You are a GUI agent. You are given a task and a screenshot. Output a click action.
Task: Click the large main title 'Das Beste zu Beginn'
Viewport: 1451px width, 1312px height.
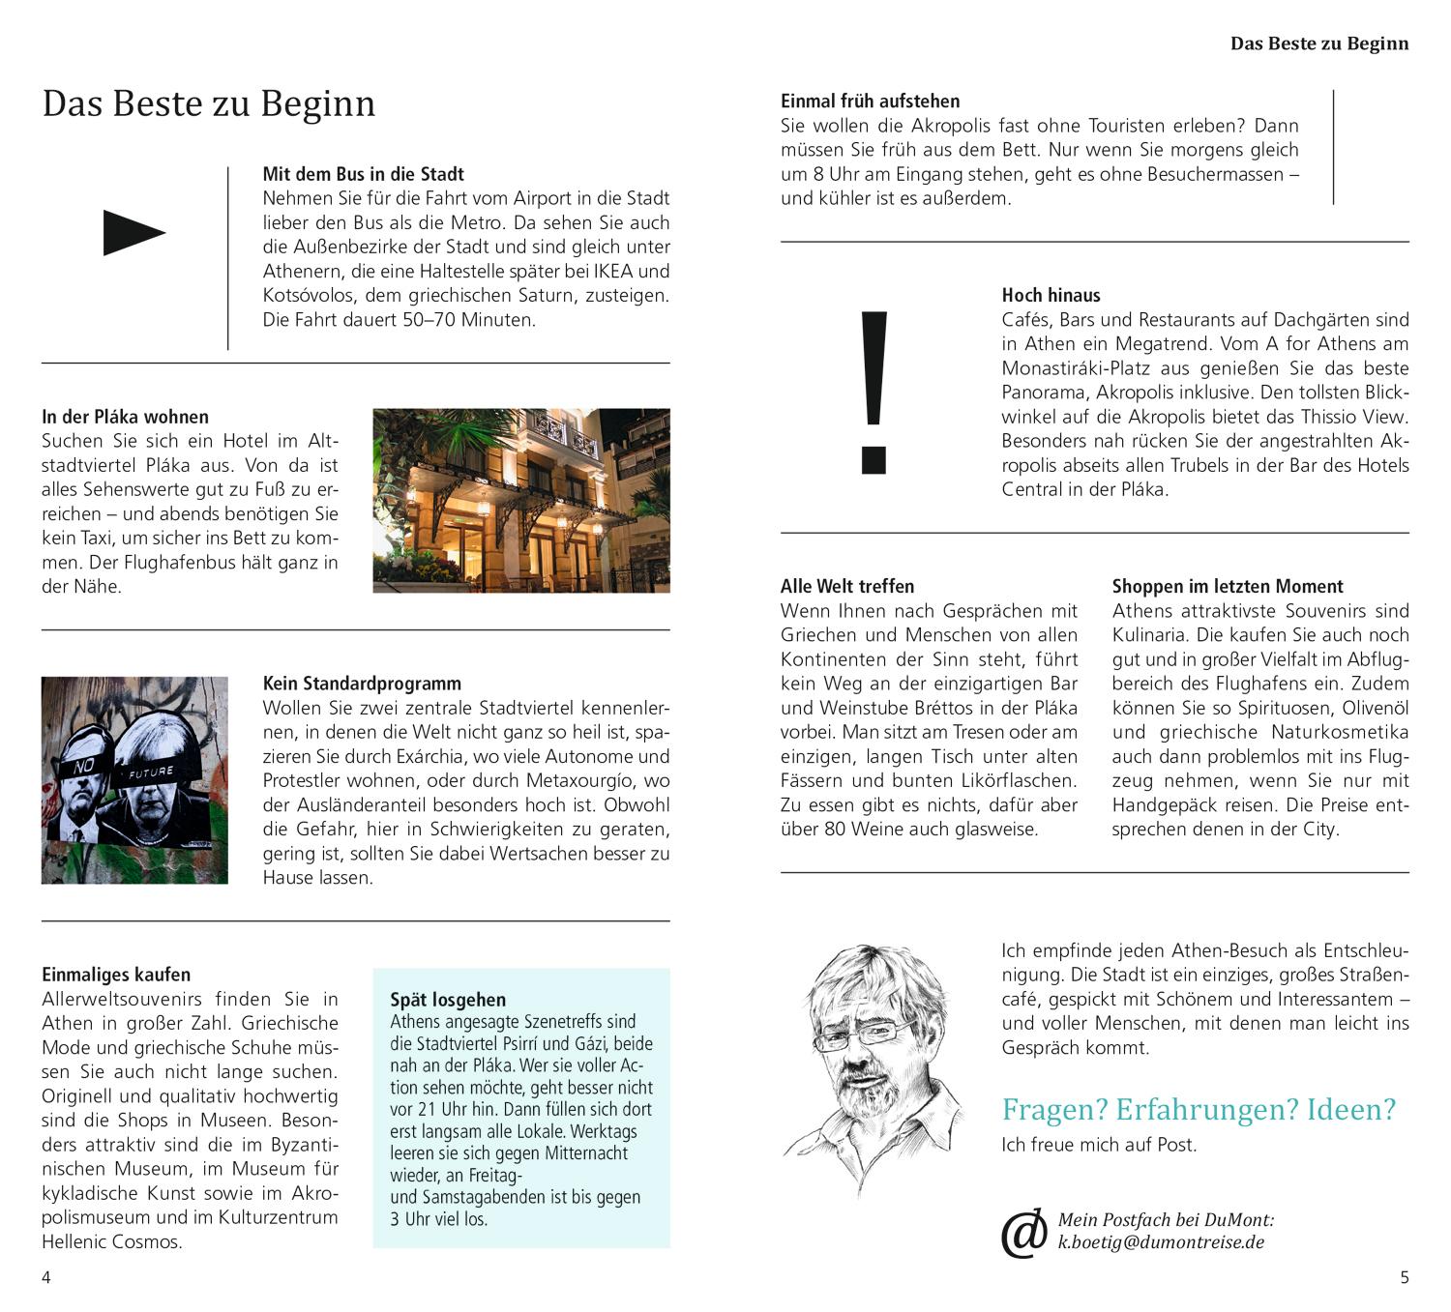pyautogui.click(x=208, y=104)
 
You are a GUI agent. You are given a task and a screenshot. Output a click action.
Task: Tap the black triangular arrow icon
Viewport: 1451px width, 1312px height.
pyautogui.click(x=133, y=232)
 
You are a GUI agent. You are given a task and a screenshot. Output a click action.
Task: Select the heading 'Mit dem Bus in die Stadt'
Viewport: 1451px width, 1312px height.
pyautogui.click(x=363, y=174)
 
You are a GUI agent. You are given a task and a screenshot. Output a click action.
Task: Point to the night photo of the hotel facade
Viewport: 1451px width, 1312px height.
pyautogui.click(x=520, y=500)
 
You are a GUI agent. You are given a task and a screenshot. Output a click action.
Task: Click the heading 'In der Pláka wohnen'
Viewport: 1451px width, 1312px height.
pyautogui.click(x=125, y=417)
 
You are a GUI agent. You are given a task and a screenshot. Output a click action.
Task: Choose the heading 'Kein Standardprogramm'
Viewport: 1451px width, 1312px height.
pyautogui.click(x=362, y=684)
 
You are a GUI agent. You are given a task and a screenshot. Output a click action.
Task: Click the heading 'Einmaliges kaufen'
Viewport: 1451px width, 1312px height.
pyautogui.click(x=116, y=975)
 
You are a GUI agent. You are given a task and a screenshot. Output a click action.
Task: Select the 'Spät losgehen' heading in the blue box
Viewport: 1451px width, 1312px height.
pyautogui.click(x=448, y=1000)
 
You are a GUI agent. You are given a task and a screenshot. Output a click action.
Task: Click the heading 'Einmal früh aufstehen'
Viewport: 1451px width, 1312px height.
pyautogui.click(x=870, y=101)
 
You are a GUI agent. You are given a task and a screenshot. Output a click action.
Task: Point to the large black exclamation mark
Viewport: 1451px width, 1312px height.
pyautogui.click(x=874, y=392)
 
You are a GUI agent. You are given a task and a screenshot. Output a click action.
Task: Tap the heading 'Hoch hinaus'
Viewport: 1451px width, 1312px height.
pyautogui.click(x=1051, y=296)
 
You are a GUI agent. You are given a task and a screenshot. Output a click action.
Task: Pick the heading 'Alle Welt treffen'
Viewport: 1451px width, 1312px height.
pyautogui.click(x=846, y=586)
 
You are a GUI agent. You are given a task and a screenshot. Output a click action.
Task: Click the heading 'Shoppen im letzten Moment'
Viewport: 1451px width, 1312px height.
pyautogui.click(x=1227, y=586)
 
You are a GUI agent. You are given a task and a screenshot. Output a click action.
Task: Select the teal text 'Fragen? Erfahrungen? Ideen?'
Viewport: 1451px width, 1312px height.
pyautogui.click(x=1199, y=1109)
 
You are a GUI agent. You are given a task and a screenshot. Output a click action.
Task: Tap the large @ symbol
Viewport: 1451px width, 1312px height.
pyautogui.click(x=1023, y=1233)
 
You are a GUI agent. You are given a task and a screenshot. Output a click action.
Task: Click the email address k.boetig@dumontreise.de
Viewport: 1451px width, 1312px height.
pyautogui.click(x=1161, y=1242)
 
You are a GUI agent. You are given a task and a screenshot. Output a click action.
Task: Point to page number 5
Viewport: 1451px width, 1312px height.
pyautogui.click(x=1405, y=1277)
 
